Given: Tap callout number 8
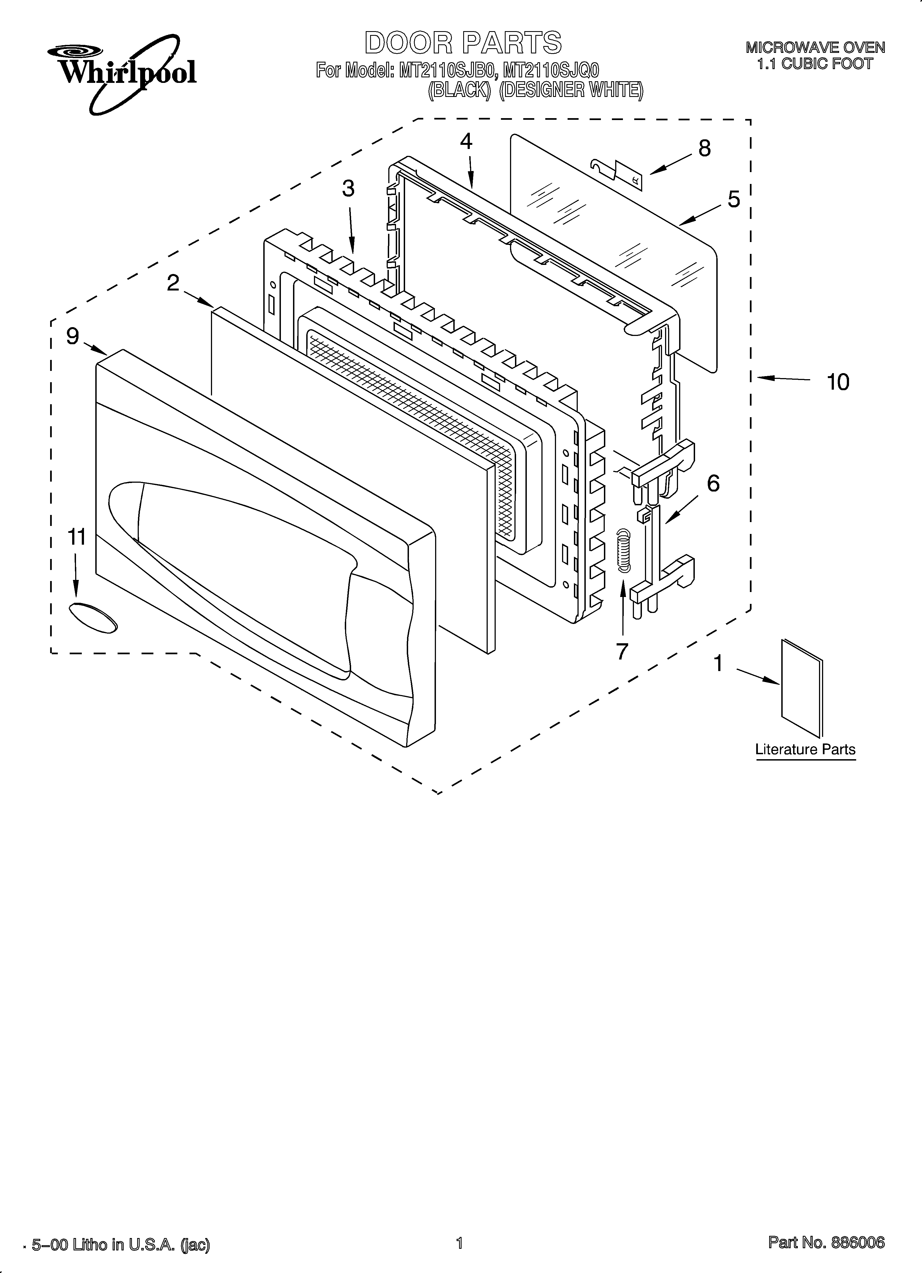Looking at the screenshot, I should click(704, 148).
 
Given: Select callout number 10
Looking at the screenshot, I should click(838, 382).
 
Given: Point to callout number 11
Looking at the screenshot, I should click(77, 537).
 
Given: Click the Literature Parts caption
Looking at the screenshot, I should click(805, 749).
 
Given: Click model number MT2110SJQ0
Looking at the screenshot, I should click(551, 71).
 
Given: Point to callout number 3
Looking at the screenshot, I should click(348, 189).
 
